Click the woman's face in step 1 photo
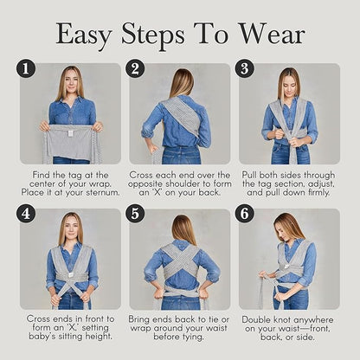(70, 83)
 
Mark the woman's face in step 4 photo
(70, 228)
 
